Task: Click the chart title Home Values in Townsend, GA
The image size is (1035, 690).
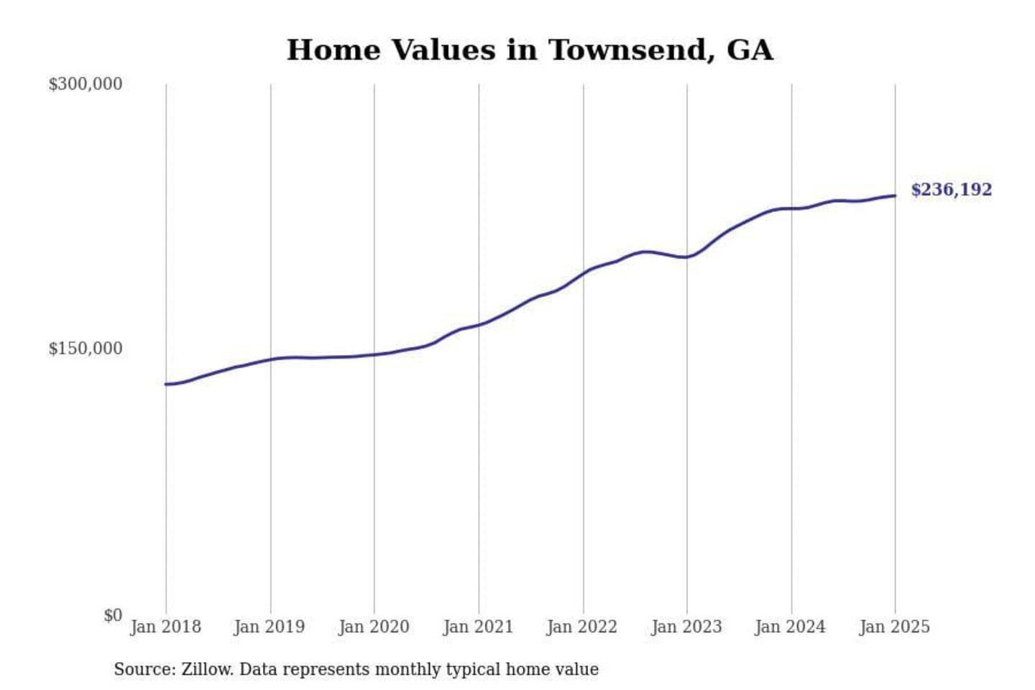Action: pos(530,50)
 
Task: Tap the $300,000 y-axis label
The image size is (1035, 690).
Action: pos(85,84)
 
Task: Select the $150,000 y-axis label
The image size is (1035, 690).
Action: pos(85,349)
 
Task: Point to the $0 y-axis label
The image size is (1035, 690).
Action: pos(113,615)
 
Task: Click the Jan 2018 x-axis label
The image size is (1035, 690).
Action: pos(165,627)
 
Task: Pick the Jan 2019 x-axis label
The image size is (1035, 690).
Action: pos(270,627)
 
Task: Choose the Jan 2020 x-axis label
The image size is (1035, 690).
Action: pos(374,627)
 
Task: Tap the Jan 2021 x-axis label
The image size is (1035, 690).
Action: pos(478,627)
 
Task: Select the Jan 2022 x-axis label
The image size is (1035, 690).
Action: pos(582,627)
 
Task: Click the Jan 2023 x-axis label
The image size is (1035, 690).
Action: pos(686,627)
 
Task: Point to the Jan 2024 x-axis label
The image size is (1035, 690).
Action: pos(791,627)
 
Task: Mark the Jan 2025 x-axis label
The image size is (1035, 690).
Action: pos(895,627)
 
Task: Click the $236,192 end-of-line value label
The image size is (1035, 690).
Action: pos(951,190)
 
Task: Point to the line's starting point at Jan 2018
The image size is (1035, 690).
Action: pos(166,384)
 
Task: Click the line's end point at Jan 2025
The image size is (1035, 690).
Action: pos(895,195)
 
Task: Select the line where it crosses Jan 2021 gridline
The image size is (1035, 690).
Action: pos(479,325)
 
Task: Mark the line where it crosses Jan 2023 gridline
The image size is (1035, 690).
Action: pos(687,257)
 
